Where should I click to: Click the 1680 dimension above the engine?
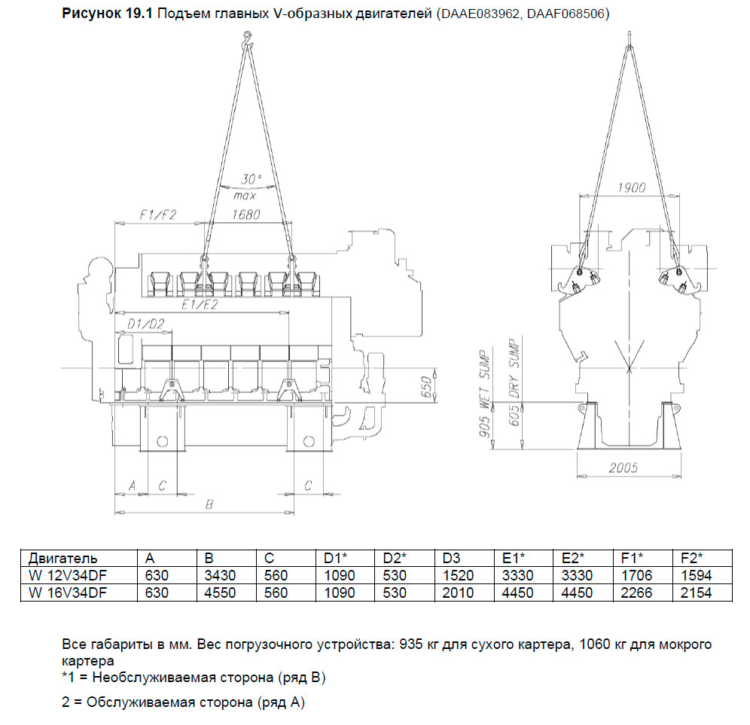[245, 215]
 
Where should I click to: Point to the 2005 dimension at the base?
[623, 468]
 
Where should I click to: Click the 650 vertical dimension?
[427, 385]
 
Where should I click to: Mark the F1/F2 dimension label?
[157, 215]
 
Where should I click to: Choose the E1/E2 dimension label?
[200, 306]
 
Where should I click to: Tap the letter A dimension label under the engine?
[133, 486]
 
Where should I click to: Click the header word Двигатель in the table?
[63, 558]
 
